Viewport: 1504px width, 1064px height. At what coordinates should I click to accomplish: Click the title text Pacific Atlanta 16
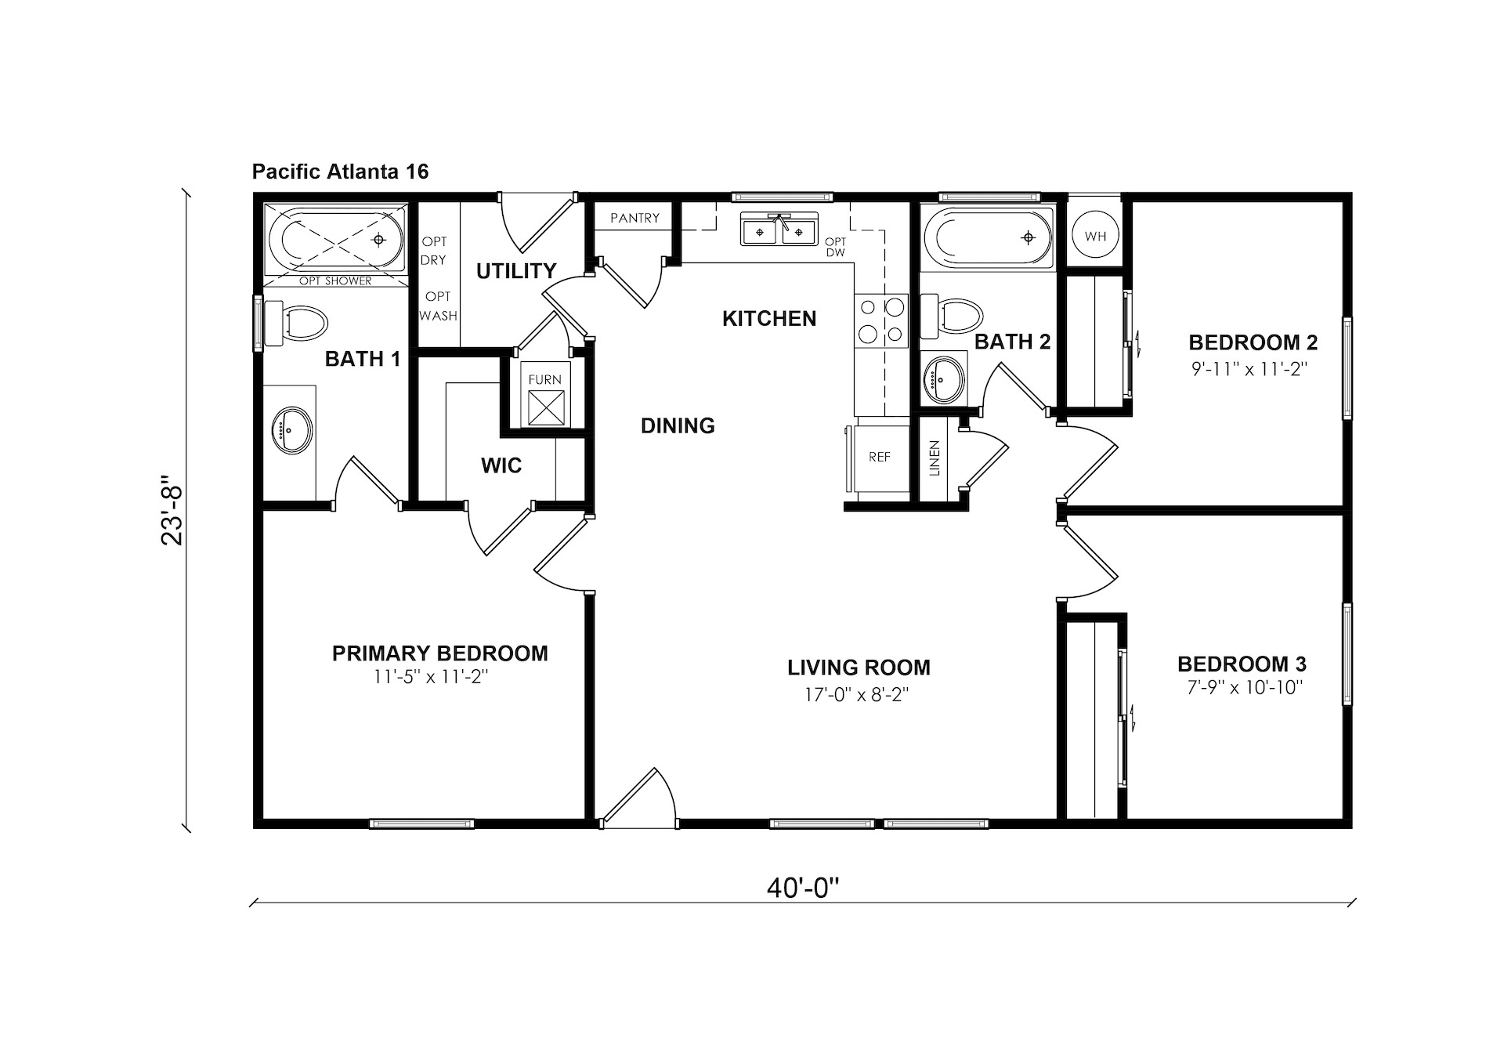point(340,172)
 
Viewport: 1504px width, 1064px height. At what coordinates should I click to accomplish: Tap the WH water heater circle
point(1095,236)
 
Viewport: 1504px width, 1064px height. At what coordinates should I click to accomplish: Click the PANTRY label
point(634,218)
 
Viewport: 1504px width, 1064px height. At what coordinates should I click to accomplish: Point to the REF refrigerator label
point(879,457)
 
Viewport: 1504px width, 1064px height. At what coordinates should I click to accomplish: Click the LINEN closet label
point(934,458)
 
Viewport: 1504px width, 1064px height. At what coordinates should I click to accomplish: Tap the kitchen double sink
point(779,229)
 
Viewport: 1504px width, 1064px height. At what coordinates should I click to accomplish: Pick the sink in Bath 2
point(943,378)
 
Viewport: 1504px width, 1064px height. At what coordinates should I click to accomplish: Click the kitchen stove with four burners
point(881,320)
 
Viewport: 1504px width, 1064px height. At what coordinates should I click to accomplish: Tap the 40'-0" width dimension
point(803,888)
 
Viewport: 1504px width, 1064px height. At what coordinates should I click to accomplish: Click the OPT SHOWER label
point(335,280)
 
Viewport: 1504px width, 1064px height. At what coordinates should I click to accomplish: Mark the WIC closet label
point(501,465)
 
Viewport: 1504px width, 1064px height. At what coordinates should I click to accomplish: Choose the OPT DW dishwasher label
point(835,248)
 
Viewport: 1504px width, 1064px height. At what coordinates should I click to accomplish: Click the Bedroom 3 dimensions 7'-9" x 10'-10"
point(1242,688)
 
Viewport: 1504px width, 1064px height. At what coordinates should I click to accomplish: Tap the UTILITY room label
point(516,271)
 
